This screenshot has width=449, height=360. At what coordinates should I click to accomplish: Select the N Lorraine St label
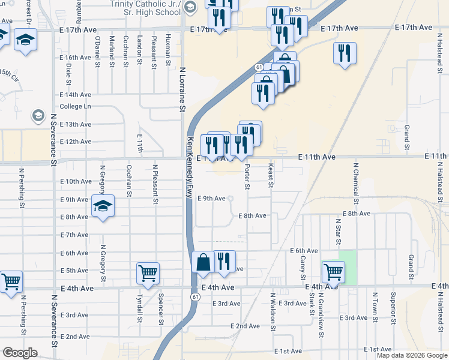(x=181, y=89)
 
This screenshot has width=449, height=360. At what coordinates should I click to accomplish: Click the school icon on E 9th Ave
(x=103, y=206)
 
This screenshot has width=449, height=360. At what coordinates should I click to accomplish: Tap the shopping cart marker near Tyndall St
(x=148, y=274)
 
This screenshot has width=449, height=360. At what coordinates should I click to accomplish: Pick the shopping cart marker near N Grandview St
(x=333, y=272)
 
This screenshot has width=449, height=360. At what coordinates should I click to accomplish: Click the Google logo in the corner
(x=20, y=353)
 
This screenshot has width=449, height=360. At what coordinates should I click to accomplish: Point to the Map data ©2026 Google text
(x=412, y=355)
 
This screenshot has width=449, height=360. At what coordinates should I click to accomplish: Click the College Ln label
(x=75, y=106)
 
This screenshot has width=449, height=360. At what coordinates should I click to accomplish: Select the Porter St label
(x=247, y=176)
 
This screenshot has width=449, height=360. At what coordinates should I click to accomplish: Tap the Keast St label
(x=271, y=175)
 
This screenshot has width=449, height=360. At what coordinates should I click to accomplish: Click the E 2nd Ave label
(x=245, y=326)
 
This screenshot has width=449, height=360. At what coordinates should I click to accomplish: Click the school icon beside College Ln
(x=38, y=115)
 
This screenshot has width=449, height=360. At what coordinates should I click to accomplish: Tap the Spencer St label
(x=160, y=310)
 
